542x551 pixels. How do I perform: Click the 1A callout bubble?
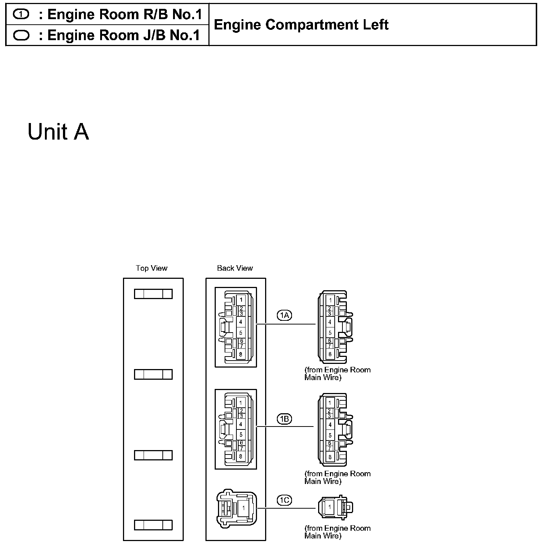click(284, 315)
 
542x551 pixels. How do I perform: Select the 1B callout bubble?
click(284, 419)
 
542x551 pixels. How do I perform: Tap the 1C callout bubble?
click(284, 500)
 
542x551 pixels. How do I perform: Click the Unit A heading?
click(58, 132)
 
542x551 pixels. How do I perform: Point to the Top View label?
click(151, 268)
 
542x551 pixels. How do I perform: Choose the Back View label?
click(235, 268)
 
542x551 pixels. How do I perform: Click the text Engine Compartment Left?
click(301, 25)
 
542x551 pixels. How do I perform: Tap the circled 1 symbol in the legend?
click(21, 14)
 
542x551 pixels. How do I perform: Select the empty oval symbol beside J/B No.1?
click(21, 35)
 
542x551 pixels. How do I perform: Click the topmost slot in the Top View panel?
click(153, 294)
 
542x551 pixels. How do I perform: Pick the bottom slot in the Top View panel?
click(153, 525)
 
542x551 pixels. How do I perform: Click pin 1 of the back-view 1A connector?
click(241, 300)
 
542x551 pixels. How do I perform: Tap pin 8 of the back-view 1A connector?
click(241, 354)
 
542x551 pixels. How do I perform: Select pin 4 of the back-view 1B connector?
click(241, 424)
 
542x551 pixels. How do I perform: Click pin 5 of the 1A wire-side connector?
click(330, 333)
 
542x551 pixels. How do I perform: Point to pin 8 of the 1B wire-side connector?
click(330, 457)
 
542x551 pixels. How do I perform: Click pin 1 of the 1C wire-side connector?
click(330, 507)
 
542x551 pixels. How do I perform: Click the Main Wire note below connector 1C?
click(337, 532)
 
